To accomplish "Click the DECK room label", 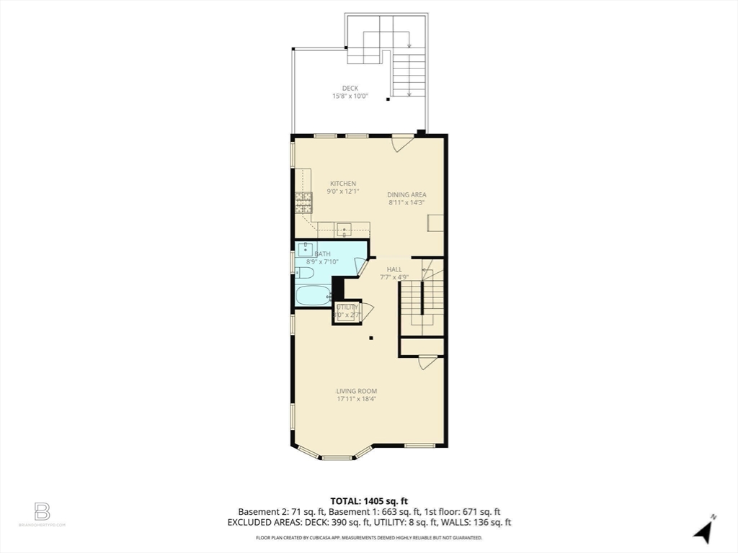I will coord(350,89).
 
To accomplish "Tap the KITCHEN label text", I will coord(343,184).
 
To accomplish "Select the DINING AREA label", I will coord(406,194).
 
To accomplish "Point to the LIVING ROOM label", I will coord(356,391).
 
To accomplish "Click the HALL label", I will coord(394,269).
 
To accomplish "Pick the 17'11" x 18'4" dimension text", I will coord(356,399).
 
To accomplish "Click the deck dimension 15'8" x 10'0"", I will coord(350,96).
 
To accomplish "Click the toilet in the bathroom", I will coord(303,273).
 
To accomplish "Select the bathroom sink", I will coord(305,250).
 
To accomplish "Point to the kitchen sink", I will coord(345,230).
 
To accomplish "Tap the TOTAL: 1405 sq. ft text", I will coord(369,501).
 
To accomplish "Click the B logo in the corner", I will coord(43,512).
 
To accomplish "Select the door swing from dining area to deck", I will coord(401,143).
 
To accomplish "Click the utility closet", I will coord(346,311).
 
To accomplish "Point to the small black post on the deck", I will coord(388,100).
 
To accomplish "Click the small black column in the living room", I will coord(371,338).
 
